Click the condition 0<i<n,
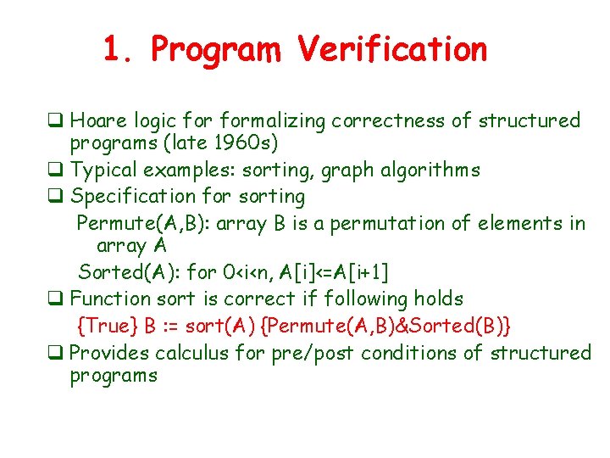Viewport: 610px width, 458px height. pos(246,272)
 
